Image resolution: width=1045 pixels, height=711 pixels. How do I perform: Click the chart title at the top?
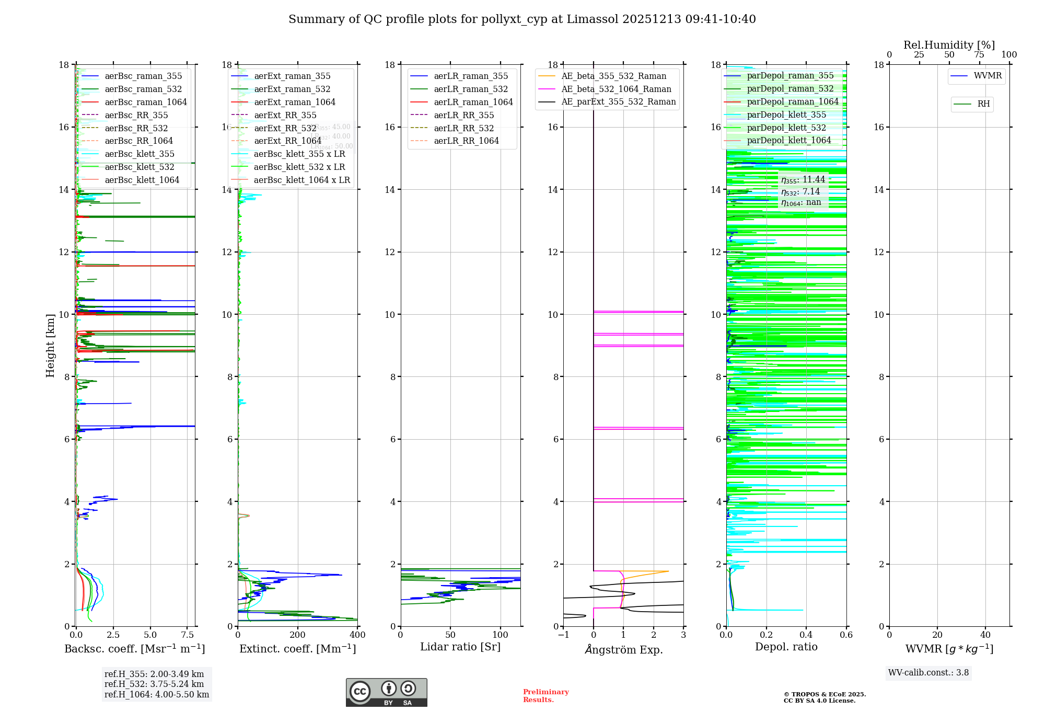coord(522,19)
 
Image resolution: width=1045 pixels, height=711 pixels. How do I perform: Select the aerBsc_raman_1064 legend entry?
coord(145,102)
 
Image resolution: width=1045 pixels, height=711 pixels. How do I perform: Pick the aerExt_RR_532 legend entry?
coord(285,128)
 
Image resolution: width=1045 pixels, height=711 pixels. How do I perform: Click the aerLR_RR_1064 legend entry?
coord(466,141)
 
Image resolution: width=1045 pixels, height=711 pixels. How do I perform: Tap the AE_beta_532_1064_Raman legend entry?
coord(616,89)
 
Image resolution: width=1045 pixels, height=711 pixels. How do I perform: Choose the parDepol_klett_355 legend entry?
coord(786,114)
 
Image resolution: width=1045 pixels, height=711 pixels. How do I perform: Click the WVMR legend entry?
coord(988,76)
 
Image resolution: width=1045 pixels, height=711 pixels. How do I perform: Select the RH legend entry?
coord(983,104)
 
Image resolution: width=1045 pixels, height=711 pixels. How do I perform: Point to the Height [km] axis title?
coord(50,345)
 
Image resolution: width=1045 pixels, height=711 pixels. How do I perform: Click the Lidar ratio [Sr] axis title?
coord(460,647)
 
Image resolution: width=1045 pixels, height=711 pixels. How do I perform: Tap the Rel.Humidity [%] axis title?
coord(949,45)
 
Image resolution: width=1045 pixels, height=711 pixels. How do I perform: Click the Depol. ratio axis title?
coord(786,647)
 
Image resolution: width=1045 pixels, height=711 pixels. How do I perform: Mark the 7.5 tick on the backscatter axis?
coord(188,635)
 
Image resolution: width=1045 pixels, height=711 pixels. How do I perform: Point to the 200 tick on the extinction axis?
coord(298,635)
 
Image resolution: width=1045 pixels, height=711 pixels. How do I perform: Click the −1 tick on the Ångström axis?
coord(563,635)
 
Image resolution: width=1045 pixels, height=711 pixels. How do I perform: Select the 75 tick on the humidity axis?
coord(979,55)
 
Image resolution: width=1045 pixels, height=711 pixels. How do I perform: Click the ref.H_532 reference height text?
coord(154,684)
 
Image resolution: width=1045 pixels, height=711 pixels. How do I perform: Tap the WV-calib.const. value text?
coord(928,672)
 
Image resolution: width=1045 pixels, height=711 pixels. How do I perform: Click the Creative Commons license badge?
coord(386,692)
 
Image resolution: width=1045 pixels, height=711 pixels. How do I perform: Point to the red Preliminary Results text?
coord(545,696)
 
